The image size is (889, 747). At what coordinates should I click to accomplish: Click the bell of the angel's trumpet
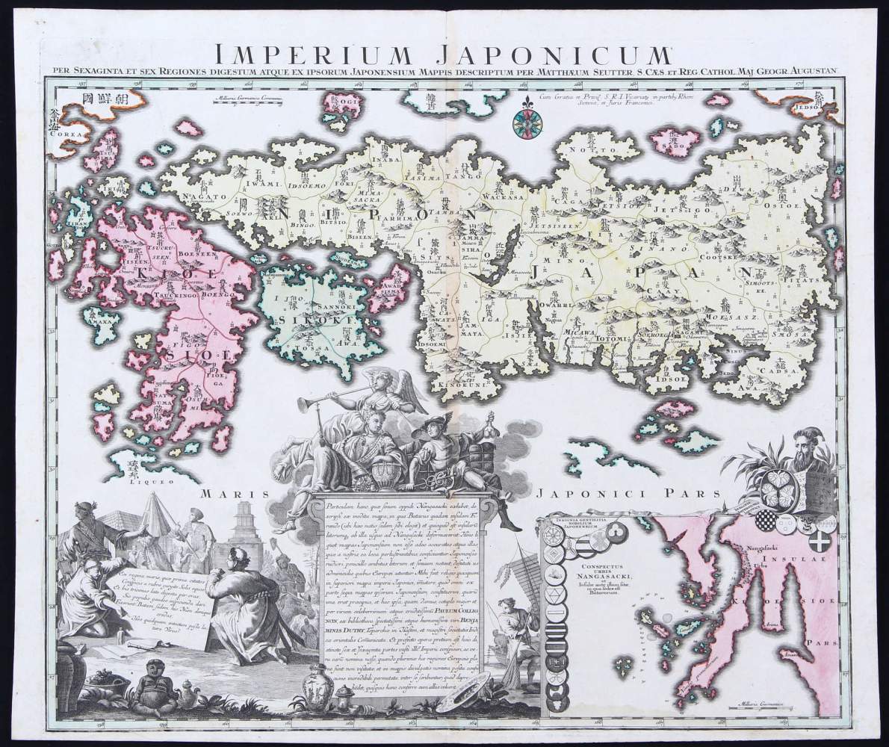point(304,404)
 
